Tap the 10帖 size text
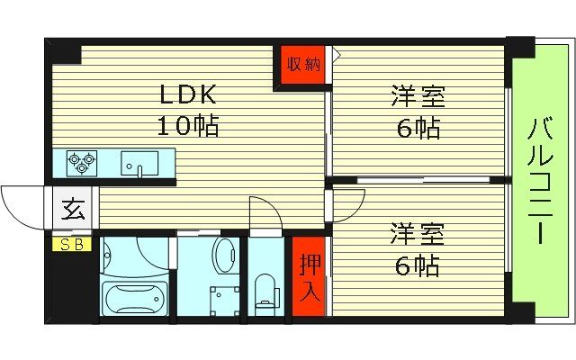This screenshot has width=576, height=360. click(189, 127)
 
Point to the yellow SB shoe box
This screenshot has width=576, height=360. click(70, 244)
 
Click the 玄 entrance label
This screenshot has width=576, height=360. click(71, 212)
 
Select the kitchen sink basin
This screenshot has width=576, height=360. click(139, 164)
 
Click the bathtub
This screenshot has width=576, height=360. click(135, 297)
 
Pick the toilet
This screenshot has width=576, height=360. click(265, 291)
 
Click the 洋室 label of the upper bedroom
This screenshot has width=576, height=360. click(418, 95)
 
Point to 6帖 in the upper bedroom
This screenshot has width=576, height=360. click(418, 128)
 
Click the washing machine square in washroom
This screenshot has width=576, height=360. click(222, 296)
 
